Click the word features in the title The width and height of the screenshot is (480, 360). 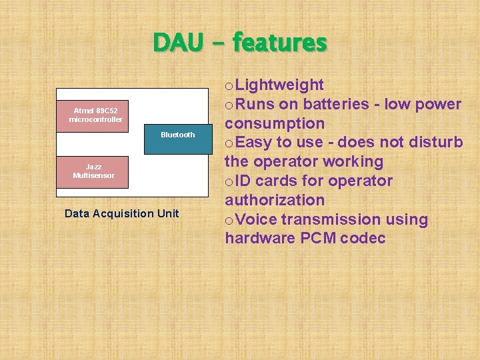pos(280,43)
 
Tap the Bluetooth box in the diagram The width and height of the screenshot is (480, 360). pos(178,135)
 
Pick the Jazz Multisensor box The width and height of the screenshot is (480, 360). pos(93,171)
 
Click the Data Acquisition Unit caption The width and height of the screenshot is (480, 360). pos(121,213)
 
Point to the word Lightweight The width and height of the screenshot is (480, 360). pos(280,85)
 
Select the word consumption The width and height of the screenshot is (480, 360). pos(275,124)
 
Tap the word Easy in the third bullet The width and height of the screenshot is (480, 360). pos(254,143)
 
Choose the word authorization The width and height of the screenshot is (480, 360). pos(275,200)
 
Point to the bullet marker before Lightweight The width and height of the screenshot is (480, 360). pos(229,87)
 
